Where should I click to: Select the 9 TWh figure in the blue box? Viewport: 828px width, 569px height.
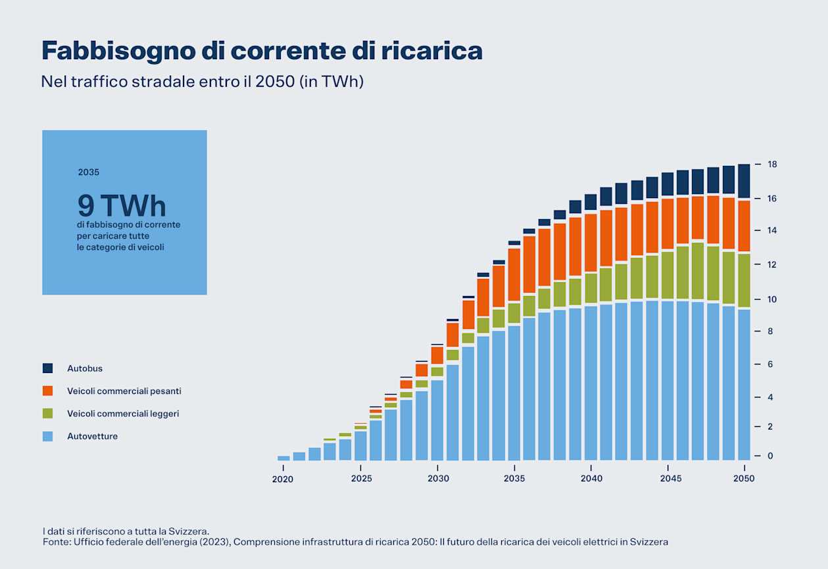pos(122,206)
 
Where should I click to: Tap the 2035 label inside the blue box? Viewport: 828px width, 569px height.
pos(88,172)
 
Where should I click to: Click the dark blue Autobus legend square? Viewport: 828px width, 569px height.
pos(47,368)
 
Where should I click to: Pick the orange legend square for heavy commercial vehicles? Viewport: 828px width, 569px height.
pos(47,391)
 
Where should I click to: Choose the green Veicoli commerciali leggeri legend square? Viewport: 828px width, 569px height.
pos(47,413)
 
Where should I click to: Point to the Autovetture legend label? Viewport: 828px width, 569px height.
pos(92,436)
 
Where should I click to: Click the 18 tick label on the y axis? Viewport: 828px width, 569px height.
pos(772,164)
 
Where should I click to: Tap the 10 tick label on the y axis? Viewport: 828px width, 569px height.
pos(772,299)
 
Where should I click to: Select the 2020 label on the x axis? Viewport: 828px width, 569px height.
pos(283,479)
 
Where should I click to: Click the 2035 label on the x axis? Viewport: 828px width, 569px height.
pos(514,479)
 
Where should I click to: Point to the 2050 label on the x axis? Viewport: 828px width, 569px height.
pos(744,479)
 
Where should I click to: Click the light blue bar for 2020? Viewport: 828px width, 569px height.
pos(283,458)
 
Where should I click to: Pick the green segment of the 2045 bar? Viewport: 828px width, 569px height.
pos(668,276)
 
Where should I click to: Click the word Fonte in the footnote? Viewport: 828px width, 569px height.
pos(55,542)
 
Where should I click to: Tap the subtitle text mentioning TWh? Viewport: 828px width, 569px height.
pos(202,82)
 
